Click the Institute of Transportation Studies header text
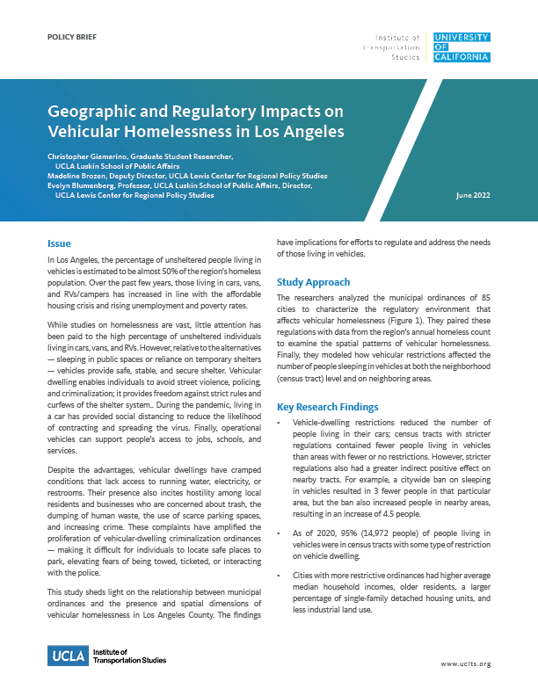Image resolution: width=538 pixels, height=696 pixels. [x=397, y=47]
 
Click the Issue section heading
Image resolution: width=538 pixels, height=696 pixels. [x=59, y=243]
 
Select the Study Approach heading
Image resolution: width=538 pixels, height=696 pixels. [x=313, y=282]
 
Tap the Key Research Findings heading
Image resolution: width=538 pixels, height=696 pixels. [x=328, y=407]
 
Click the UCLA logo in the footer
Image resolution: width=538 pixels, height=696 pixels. [x=67, y=655]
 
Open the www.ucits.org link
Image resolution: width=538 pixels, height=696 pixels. [x=465, y=665]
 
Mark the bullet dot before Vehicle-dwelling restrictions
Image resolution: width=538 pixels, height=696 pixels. [x=280, y=423]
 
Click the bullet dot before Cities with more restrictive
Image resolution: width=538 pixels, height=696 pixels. [x=280, y=574]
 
